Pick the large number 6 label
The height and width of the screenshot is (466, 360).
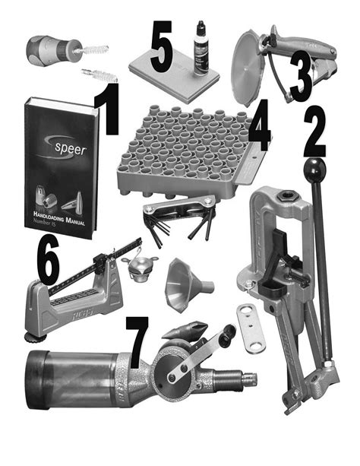[47, 262]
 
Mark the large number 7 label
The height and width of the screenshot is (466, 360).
[137, 341]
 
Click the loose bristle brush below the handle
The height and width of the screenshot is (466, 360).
[99, 74]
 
